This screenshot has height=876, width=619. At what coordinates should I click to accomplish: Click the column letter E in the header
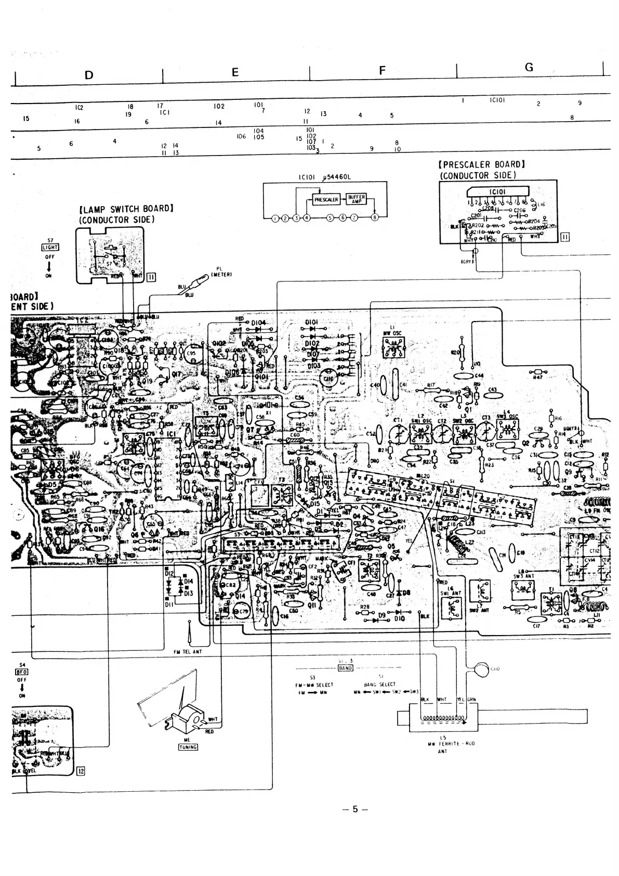click(x=235, y=73)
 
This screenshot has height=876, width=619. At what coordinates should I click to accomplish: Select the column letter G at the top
click(x=529, y=67)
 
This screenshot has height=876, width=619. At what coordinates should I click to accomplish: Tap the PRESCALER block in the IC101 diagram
click(x=326, y=200)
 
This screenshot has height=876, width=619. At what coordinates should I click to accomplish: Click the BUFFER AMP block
click(x=356, y=199)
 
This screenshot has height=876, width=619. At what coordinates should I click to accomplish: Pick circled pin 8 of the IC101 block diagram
click(x=375, y=218)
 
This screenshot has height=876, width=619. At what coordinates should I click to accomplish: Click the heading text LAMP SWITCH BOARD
click(x=126, y=209)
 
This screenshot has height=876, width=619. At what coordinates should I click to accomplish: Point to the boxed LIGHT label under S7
click(x=50, y=248)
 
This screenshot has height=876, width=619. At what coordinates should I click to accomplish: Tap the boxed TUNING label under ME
click(x=188, y=747)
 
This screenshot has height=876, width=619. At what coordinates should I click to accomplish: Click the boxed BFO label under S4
click(x=22, y=672)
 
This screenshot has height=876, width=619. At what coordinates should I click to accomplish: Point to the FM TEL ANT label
click(x=188, y=651)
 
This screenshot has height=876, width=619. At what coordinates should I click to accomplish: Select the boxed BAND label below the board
click(x=346, y=667)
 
